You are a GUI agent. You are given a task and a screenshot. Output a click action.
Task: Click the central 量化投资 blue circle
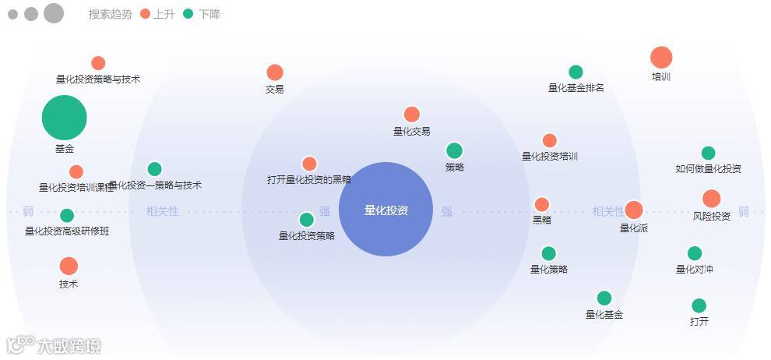pos(385,209)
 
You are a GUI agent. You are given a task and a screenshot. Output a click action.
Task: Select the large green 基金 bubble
pos(64,118)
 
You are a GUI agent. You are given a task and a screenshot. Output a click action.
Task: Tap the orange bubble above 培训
pos(661,58)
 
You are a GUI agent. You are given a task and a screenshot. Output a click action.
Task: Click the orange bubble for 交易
pos(275,72)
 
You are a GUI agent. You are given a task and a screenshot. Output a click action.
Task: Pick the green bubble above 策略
pos(455,150)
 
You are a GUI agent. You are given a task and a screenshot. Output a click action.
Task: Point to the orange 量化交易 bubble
pos(412,115)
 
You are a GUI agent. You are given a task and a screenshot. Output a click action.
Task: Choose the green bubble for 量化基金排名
pos(576,72)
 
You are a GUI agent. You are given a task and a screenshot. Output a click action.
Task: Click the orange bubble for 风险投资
pos(711,199)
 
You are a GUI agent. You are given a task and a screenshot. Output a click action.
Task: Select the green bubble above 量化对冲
pos(695,253)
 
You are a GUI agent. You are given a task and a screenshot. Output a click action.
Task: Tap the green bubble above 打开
pos(699,305)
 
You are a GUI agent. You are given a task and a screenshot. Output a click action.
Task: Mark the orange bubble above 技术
pos(69,266)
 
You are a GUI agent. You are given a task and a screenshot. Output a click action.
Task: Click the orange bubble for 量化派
pos(634,210)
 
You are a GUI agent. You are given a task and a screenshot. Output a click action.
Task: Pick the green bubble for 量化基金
pos(604,298)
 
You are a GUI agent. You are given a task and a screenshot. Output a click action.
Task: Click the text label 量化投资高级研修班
pos(67,231)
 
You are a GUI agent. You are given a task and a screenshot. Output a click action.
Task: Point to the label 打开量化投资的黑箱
pos(309,180)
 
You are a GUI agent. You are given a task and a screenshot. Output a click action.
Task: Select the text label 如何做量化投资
pos(708,169)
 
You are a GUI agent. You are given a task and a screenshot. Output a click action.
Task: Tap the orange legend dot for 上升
pos(145,14)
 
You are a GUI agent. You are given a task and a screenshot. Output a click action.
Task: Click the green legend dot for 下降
pos(188,14)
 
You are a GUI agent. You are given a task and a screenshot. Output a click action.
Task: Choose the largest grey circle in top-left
pos(54,13)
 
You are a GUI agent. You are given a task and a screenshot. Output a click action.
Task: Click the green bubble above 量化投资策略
pos(307,220)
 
